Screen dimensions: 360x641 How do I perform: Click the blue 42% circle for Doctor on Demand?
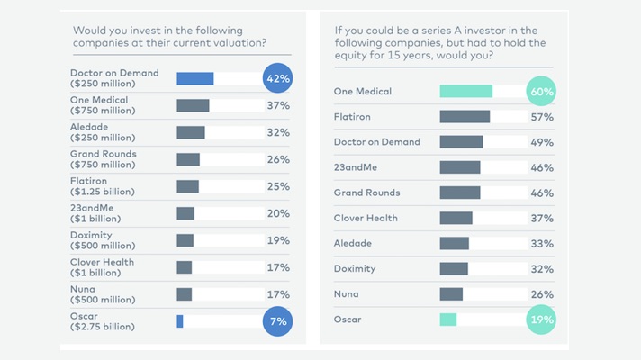click(x=277, y=78)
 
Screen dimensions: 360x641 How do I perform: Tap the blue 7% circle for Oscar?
click(x=277, y=321)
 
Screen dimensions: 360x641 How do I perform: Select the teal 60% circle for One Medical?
click(x=542, y=91)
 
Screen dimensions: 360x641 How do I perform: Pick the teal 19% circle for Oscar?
click(x=542, y=319)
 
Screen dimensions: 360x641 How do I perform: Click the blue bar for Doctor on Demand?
click(x=195, y=78)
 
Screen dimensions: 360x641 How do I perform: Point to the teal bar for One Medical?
click(x=465, y=91)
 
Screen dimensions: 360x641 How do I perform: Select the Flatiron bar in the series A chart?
click(x=465, y=116)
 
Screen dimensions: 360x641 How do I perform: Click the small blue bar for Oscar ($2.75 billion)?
click(x=180, y=321)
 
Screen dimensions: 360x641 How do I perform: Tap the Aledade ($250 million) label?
click(x=102, y=132)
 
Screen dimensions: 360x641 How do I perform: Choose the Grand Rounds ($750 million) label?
click(x=104, y=159)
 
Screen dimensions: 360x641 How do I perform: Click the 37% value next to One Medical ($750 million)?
click(x=277, y=105)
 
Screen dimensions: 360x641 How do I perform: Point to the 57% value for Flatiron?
click(x=542, y=116)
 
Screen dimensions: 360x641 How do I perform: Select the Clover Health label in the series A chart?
click(x=366, y=218)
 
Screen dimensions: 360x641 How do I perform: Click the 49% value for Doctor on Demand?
click(x=542, y=142)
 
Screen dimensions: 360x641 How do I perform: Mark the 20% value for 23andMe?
click(x=277, y=213)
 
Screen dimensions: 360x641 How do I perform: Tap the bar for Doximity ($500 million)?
click(x=185, y=240)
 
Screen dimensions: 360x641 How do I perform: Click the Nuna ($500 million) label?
click(x=102, y=294)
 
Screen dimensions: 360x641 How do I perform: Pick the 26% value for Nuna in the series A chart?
click(x=542, y=293)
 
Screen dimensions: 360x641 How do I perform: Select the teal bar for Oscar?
click(x=447, y=319)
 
